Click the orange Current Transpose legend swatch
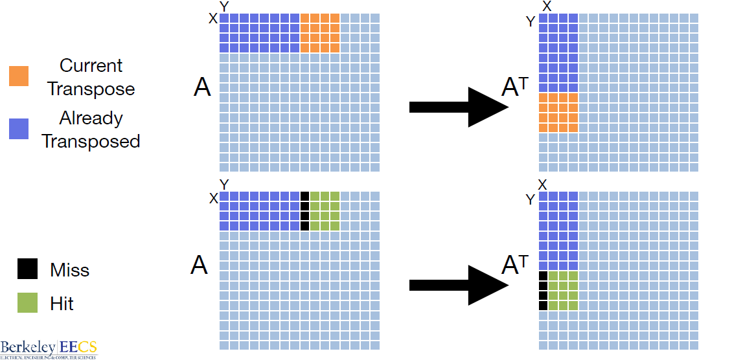tap(18, 76)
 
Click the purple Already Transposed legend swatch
tap(18, 129)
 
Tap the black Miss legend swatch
tap(27, 269)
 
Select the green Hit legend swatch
tap(27, 302)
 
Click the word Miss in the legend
tap(70, 269)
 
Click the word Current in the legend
tap(91, 65)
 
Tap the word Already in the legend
tap(91, 118)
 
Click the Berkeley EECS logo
tap(49, 348)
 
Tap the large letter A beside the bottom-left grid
tap(200, 264)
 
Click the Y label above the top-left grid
tap(224, 6)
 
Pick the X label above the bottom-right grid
tap(543, 185)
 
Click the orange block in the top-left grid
tap(320, 33)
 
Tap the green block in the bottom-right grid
tap(563, 291)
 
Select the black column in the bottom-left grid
tap(305, 211)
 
